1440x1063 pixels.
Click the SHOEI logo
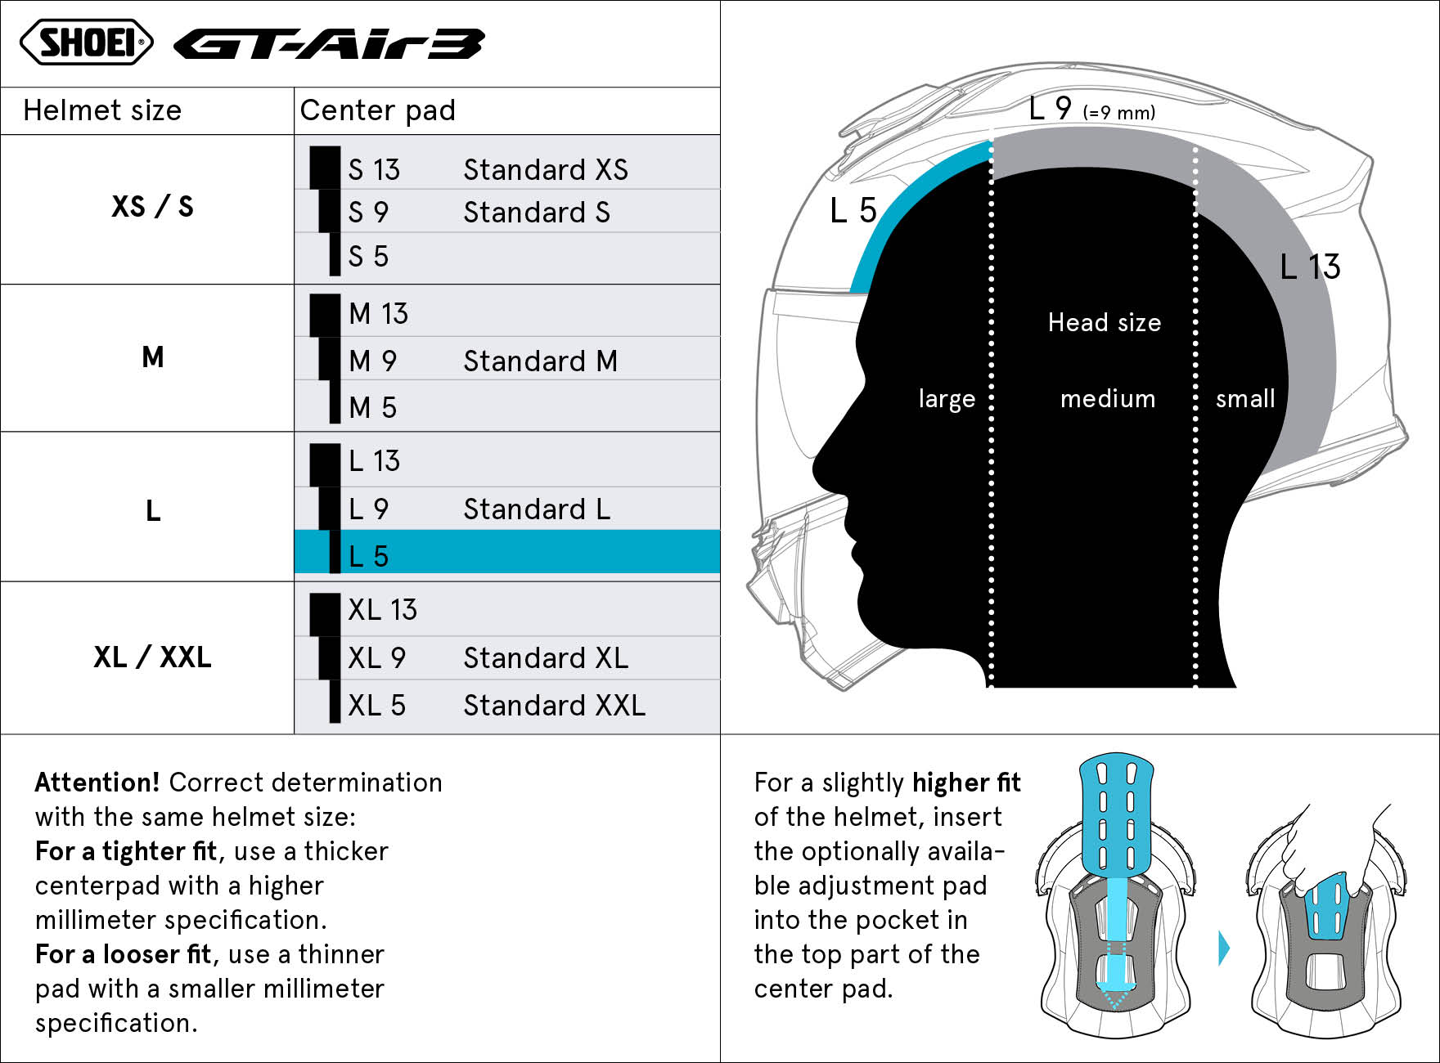coord(86,43)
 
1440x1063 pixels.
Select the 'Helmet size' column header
coord(102,110)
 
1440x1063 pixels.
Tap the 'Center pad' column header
coord(378,110)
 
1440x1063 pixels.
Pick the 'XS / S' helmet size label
coord(152,206)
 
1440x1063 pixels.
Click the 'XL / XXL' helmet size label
coord(152,657)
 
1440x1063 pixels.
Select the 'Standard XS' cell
coord(546,169)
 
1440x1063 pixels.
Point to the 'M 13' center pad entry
coord(378,313)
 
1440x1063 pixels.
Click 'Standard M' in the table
coord(540,361)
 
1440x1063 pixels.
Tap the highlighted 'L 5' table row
coord(507,552)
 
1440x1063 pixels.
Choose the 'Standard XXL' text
coord(554,705)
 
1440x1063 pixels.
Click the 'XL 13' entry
coord(382,609)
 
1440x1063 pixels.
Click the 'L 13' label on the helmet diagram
coord(1310,267)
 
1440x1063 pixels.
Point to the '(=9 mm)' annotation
coord(1118,113)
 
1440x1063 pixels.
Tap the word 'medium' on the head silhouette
coord(1108,398)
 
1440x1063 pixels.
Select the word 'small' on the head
coord(1245,398)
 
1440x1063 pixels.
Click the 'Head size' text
coord(1105,322)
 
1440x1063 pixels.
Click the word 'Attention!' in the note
coord(97,782)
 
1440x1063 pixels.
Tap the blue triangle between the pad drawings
coord(1224,949)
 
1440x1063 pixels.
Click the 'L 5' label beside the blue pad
coord(853,210)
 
